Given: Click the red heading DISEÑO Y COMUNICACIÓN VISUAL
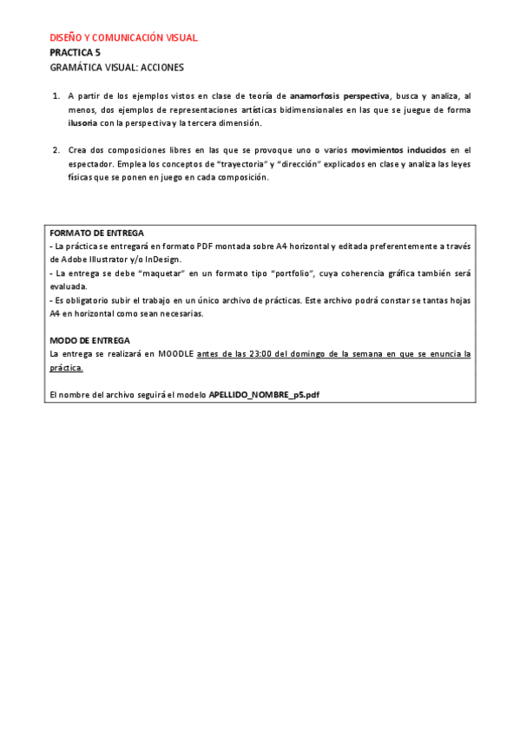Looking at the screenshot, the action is click(123, 37).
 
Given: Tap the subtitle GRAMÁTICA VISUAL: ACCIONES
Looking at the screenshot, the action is click(116, 67).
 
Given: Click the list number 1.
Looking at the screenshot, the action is click(56, 95).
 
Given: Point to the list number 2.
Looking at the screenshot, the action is click(56, 150).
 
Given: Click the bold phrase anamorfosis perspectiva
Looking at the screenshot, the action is click(339, 95).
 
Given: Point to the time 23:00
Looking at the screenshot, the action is click(250, 353).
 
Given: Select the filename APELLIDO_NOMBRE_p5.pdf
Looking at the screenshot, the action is click(264, 395).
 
